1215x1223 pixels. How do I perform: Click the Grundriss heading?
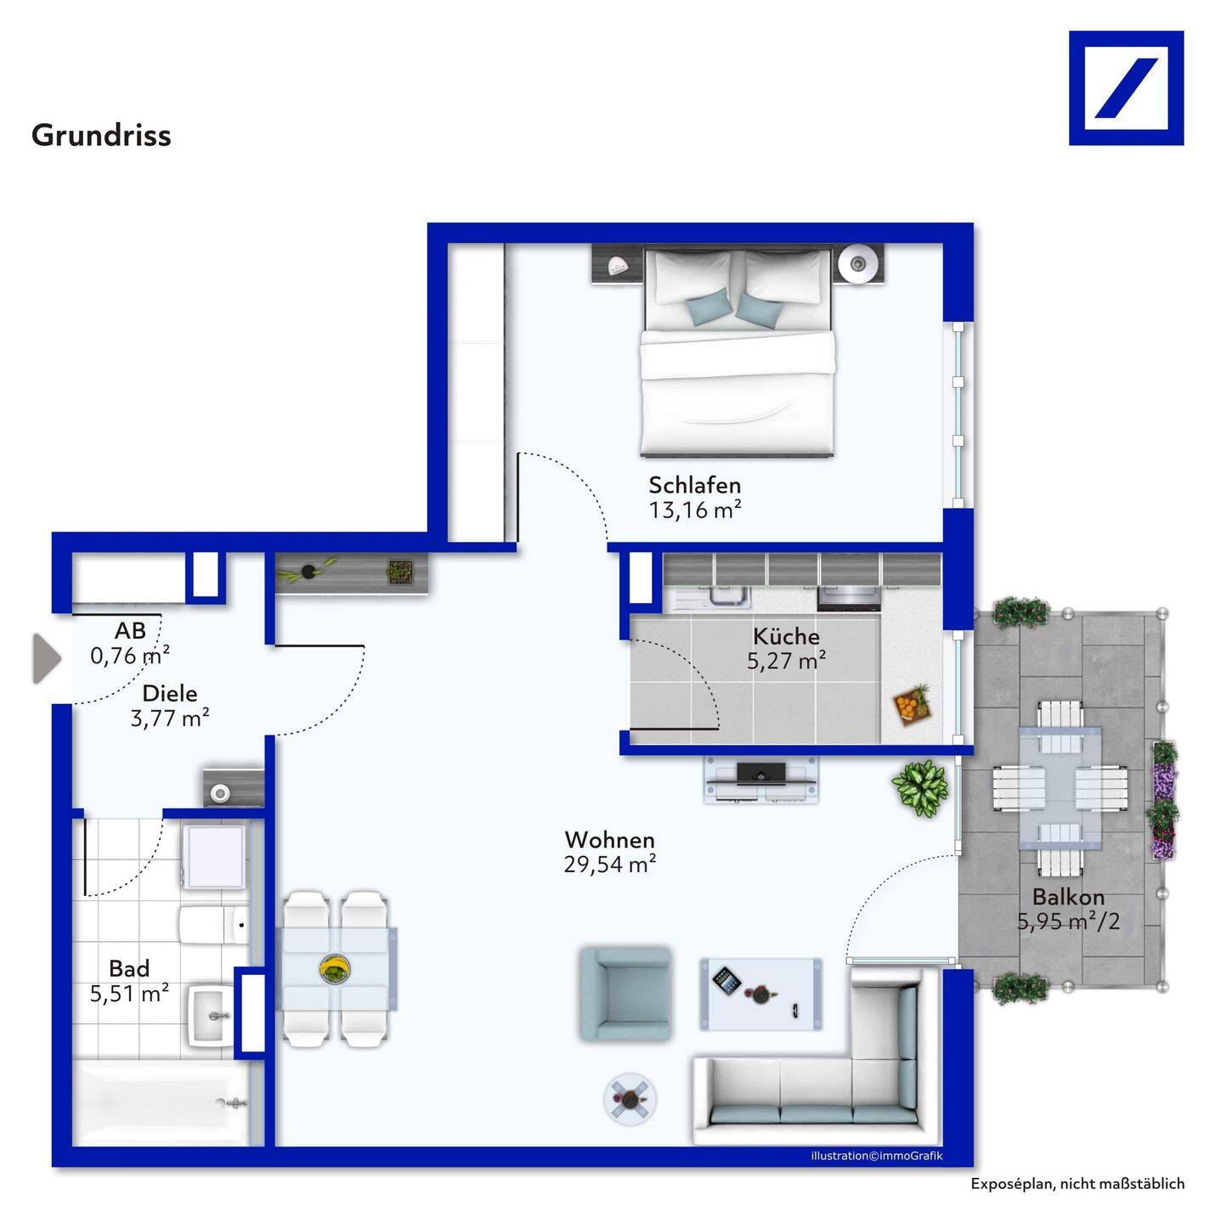click(101, 135)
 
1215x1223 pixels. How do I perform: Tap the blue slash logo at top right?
click(1126, 88)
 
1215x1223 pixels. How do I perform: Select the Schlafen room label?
click(694, 486)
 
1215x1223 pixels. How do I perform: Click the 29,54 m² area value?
click(609, 864)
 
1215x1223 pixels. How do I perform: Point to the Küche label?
click(786, 636)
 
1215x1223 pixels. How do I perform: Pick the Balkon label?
click(1068, 897)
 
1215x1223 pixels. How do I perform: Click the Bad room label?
click(129, 968)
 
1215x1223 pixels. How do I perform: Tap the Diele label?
click(170, 693)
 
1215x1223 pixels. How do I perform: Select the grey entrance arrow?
click(47, 659)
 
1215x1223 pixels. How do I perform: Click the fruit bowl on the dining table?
click(335, 970)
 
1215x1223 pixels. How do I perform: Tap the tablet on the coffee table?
click(726, 982)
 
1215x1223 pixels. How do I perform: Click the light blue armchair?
click(625, 995)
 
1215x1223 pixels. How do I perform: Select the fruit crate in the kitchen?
click(913, 703)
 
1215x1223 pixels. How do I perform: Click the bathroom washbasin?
click(212, 1016)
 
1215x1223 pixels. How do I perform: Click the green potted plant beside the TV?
click(918, 789)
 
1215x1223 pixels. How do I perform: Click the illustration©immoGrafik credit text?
click(877, 1156)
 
